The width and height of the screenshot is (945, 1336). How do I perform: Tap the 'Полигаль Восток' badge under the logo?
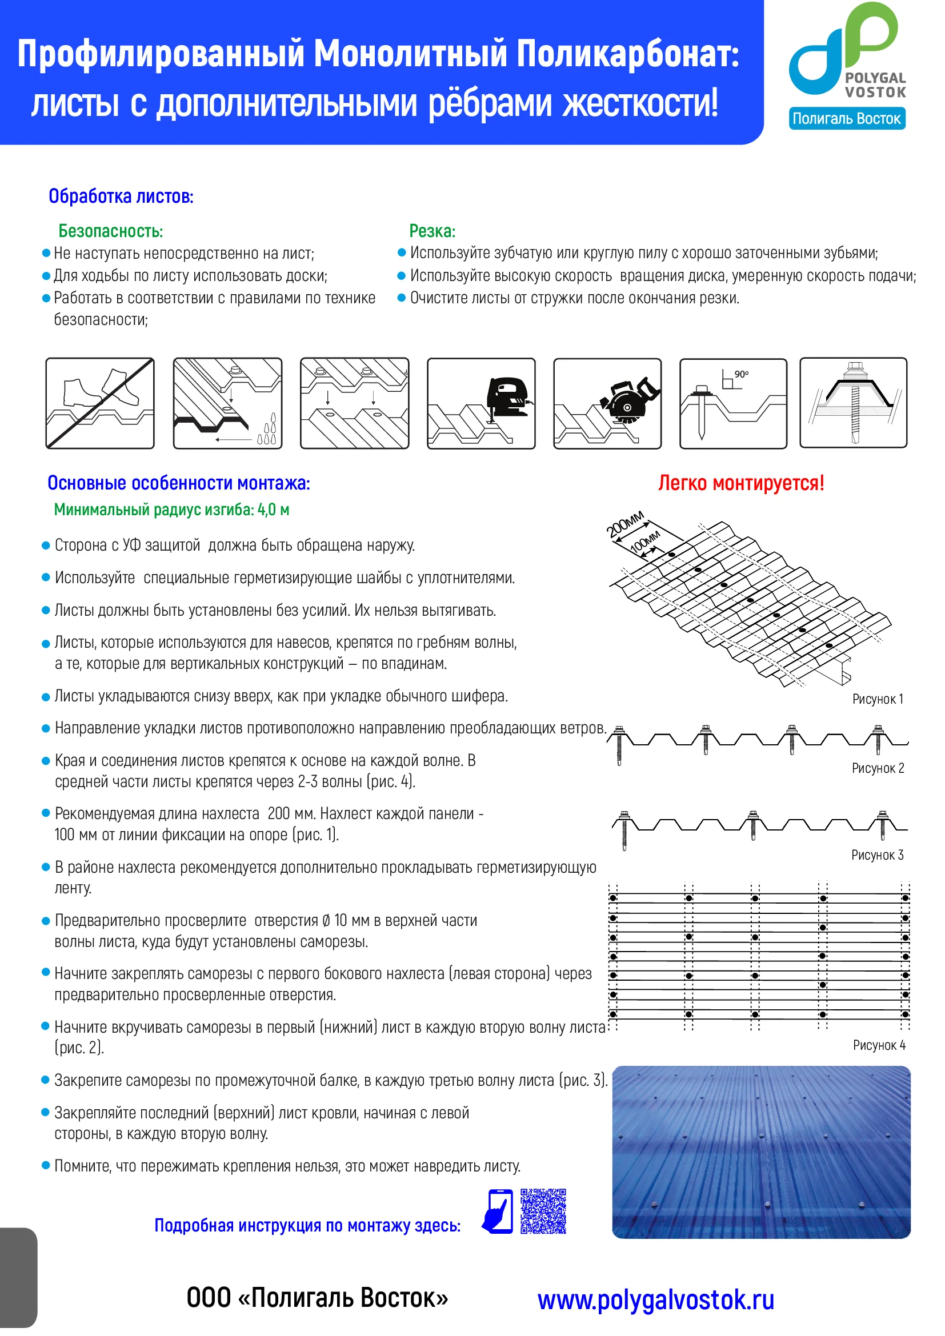click(x=847, y=119)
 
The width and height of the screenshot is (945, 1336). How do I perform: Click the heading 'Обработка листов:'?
click(x=121, y=196)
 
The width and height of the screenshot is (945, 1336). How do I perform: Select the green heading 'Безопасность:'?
click(x=111, y=231)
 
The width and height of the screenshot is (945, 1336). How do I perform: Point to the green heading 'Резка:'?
click(x=433, y=231)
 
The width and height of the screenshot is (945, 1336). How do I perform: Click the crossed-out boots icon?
click(x=100, y=403)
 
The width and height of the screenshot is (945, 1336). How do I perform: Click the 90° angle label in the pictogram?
click(x=741, y=374)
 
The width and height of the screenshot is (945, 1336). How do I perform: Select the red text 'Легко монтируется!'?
click(x=741, y=483)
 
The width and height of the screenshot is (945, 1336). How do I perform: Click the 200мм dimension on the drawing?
click(x=625, y=524)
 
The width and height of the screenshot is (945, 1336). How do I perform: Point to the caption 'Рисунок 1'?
click(x=878, y=699)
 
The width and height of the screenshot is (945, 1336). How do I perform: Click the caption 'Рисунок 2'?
click(x=878, y=768)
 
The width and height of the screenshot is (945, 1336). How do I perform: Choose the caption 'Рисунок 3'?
click(x=877, y=855)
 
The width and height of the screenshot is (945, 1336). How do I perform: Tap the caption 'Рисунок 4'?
click(x=879, y=1045)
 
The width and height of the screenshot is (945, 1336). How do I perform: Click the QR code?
click(x=543, y=1211)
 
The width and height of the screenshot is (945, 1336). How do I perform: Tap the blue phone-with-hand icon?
click(x=498, y=1211)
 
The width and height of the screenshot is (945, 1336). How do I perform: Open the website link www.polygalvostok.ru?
click(x=656, y=1300)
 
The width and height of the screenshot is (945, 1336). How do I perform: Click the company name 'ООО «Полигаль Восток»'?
click(x=317, y=1298)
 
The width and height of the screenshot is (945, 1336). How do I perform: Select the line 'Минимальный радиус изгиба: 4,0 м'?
click(x=171, y=509)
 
